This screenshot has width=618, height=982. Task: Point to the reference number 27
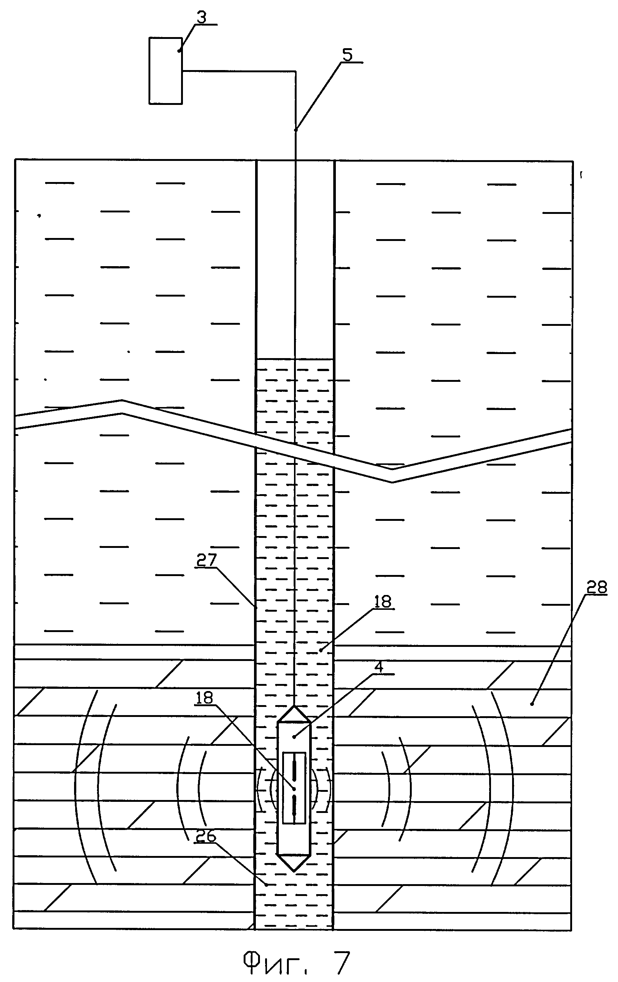(206, 560)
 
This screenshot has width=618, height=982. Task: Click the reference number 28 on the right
(597, 588)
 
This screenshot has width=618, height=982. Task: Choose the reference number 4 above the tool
(379, 667)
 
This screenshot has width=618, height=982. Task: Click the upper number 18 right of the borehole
(383, 602)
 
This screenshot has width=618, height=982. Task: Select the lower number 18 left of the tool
(204, 698)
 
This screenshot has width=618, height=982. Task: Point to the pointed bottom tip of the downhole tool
(294, 871)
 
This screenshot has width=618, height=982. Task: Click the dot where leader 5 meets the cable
(295, 130)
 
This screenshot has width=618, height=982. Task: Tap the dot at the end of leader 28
(532, 704)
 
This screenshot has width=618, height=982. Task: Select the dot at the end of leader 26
(267, 885)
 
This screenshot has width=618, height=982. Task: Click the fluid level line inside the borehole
(294, 359)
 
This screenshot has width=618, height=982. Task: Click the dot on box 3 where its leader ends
(179, 51)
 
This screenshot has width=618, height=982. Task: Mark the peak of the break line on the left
(122, 407)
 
